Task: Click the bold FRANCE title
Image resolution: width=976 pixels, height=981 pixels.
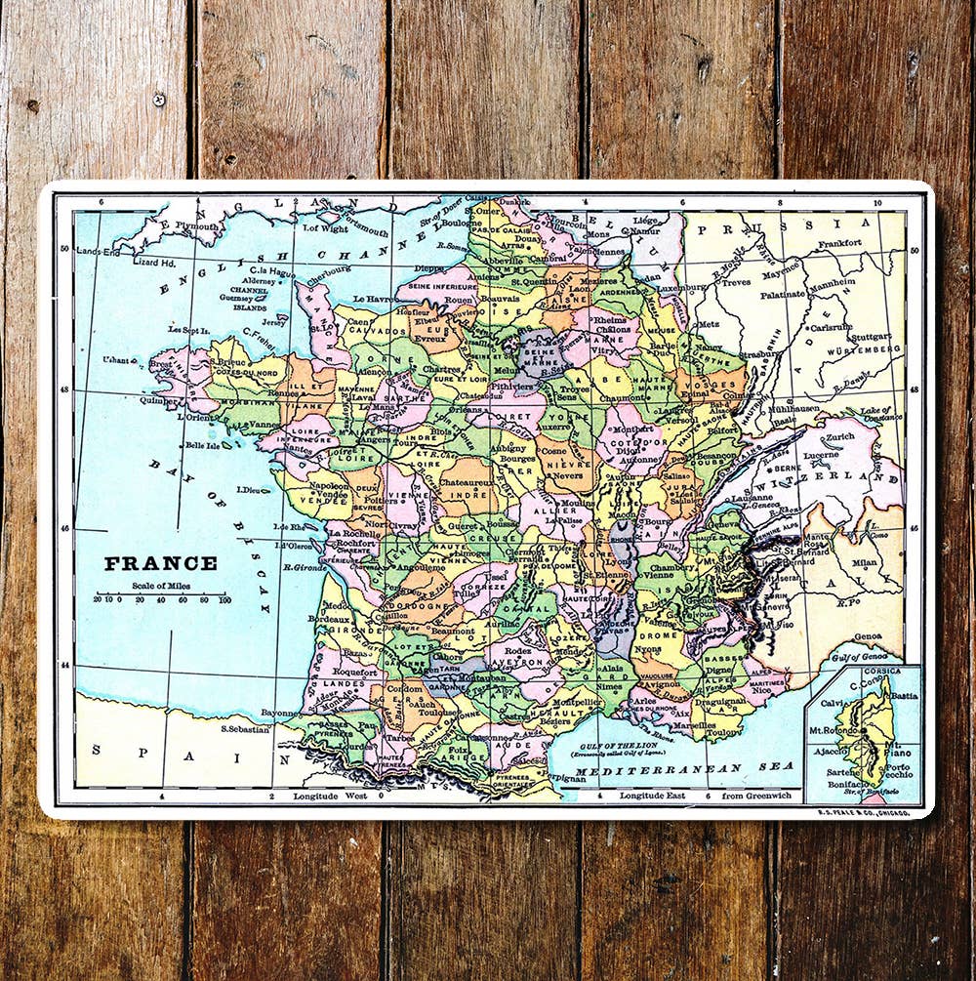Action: (x=161, y=563)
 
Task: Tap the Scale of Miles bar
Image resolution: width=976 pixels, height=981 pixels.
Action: (x=161, y=593)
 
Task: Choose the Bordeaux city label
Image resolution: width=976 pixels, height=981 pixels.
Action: (x=329, y=619)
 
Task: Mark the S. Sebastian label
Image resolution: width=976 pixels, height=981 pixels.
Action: (x=245, y=728)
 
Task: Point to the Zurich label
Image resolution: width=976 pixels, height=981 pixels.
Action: (x=839, y=436)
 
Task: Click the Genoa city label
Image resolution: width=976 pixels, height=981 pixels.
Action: (x=868, y=635)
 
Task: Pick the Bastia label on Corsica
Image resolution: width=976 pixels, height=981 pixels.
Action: (x=904, y=696)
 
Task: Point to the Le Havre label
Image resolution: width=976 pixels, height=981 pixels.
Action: (x=372, y=299)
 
